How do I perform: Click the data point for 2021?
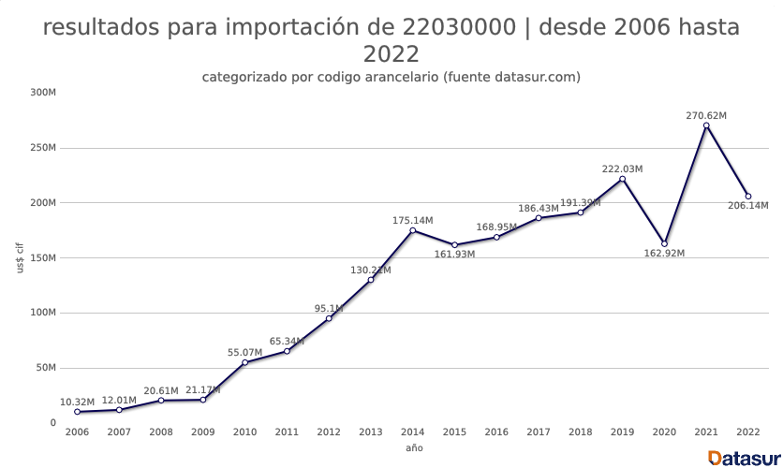706,125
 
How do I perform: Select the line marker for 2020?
664,243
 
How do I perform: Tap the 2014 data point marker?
413,230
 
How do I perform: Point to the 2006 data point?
77,412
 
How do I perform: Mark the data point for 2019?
622,179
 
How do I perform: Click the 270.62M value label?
706,116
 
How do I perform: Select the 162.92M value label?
664,254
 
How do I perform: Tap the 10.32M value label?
77,402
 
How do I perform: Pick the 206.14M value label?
748,206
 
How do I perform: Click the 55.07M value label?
245,353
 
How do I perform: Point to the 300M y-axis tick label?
43,93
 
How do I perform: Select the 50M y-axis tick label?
46,368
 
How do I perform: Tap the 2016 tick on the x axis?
496,432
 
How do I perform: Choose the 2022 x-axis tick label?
748,432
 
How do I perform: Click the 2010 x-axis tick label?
245,432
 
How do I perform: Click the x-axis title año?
413,448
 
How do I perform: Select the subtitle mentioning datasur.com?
391,77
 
